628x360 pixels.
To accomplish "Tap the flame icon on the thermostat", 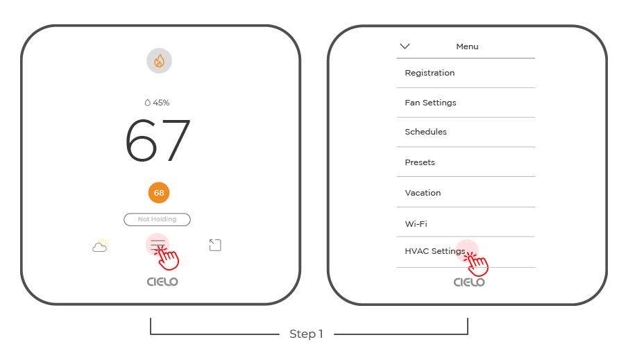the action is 159,61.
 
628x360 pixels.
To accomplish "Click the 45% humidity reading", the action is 157,103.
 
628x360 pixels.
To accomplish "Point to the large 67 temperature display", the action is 158,140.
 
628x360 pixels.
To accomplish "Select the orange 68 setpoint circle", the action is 159,193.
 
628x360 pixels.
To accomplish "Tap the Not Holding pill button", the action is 157,219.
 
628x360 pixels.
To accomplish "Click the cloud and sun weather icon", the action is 100,246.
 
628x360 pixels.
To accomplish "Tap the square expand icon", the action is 215,245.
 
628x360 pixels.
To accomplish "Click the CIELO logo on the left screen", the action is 162,282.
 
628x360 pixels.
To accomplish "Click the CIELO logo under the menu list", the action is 469,282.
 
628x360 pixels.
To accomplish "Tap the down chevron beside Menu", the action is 405,46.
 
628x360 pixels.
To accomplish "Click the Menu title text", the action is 467,46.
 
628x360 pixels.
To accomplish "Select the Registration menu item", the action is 430,73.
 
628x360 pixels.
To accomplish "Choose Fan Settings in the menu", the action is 430,103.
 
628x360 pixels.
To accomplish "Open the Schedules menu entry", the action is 426,132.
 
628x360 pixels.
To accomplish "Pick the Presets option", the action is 420,162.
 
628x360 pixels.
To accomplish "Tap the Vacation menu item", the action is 423,193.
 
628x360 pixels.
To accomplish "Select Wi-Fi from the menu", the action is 416,224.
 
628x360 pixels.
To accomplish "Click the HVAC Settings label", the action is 435,251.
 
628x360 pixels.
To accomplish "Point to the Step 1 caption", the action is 307,334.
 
